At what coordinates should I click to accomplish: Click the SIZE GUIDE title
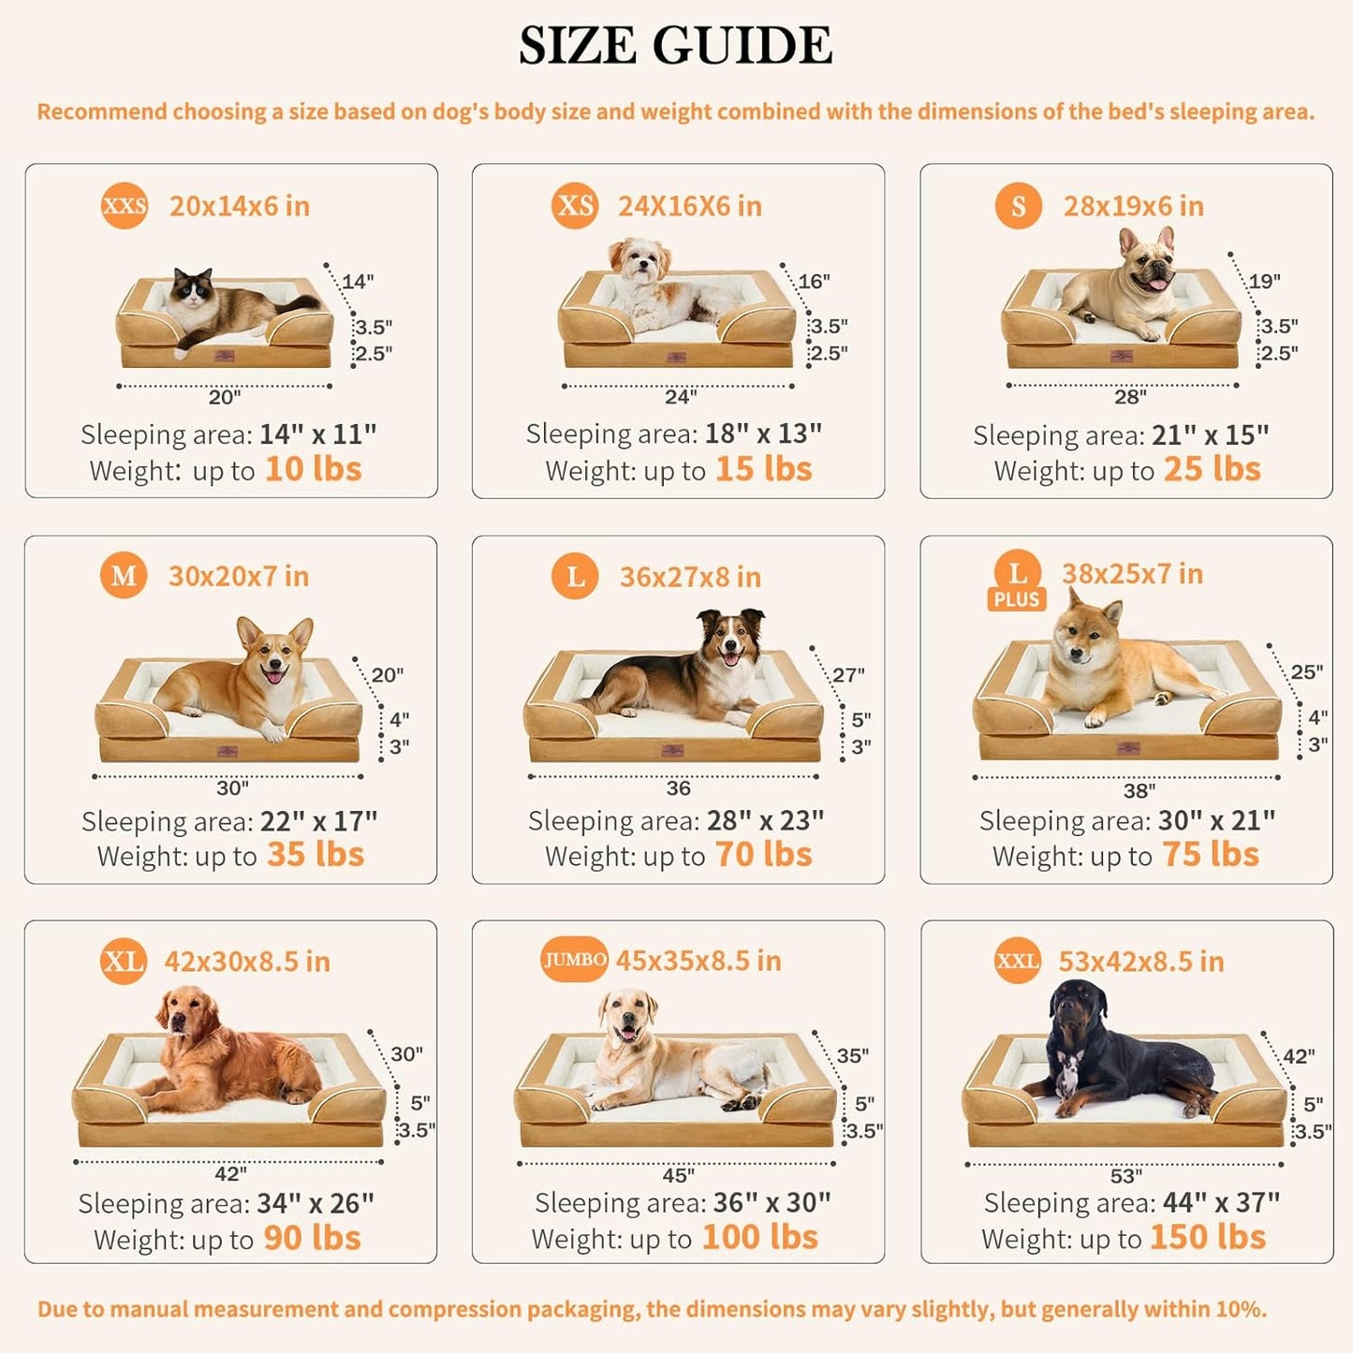tap(675, 45)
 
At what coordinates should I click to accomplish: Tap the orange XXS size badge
tap(125, 206)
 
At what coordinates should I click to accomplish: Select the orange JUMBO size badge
tap(574, 960)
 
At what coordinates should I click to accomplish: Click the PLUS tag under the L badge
tap(1017, 599)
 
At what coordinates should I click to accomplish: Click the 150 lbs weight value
tap(1207, 1237)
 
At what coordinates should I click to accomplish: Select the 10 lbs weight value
tap(313, 469)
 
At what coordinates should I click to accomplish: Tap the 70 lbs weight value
tap(763, 855)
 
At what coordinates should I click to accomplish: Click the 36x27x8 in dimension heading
tap(690, 577)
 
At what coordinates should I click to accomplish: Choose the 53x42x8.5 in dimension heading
tap(1140, 962)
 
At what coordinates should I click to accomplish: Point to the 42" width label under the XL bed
tap(230, 1174)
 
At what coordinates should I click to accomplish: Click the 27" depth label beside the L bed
tap(848, 675)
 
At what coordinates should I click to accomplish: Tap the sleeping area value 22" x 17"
tap(318, 821)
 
